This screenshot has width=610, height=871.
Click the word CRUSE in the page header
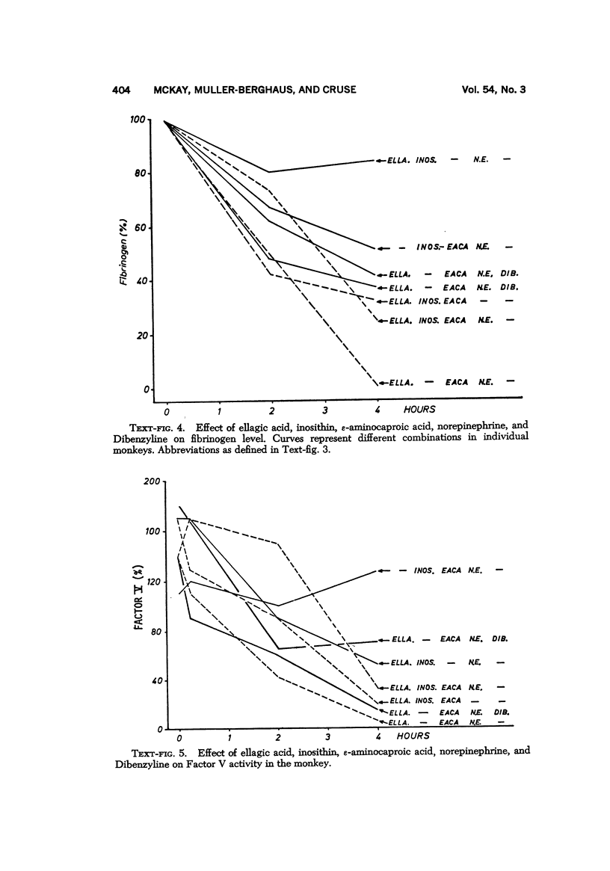pos(336,90)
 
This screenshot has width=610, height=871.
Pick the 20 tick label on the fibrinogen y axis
pos(142,336)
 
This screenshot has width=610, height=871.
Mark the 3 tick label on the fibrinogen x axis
pos(325,410)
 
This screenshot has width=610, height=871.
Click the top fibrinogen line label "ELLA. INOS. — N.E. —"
pos(449,160)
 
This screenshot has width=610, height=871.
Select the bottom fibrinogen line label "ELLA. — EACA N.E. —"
pos(449,383)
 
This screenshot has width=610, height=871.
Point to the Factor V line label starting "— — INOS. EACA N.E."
pos(449,570)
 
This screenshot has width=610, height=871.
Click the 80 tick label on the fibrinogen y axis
pos(142,173)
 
